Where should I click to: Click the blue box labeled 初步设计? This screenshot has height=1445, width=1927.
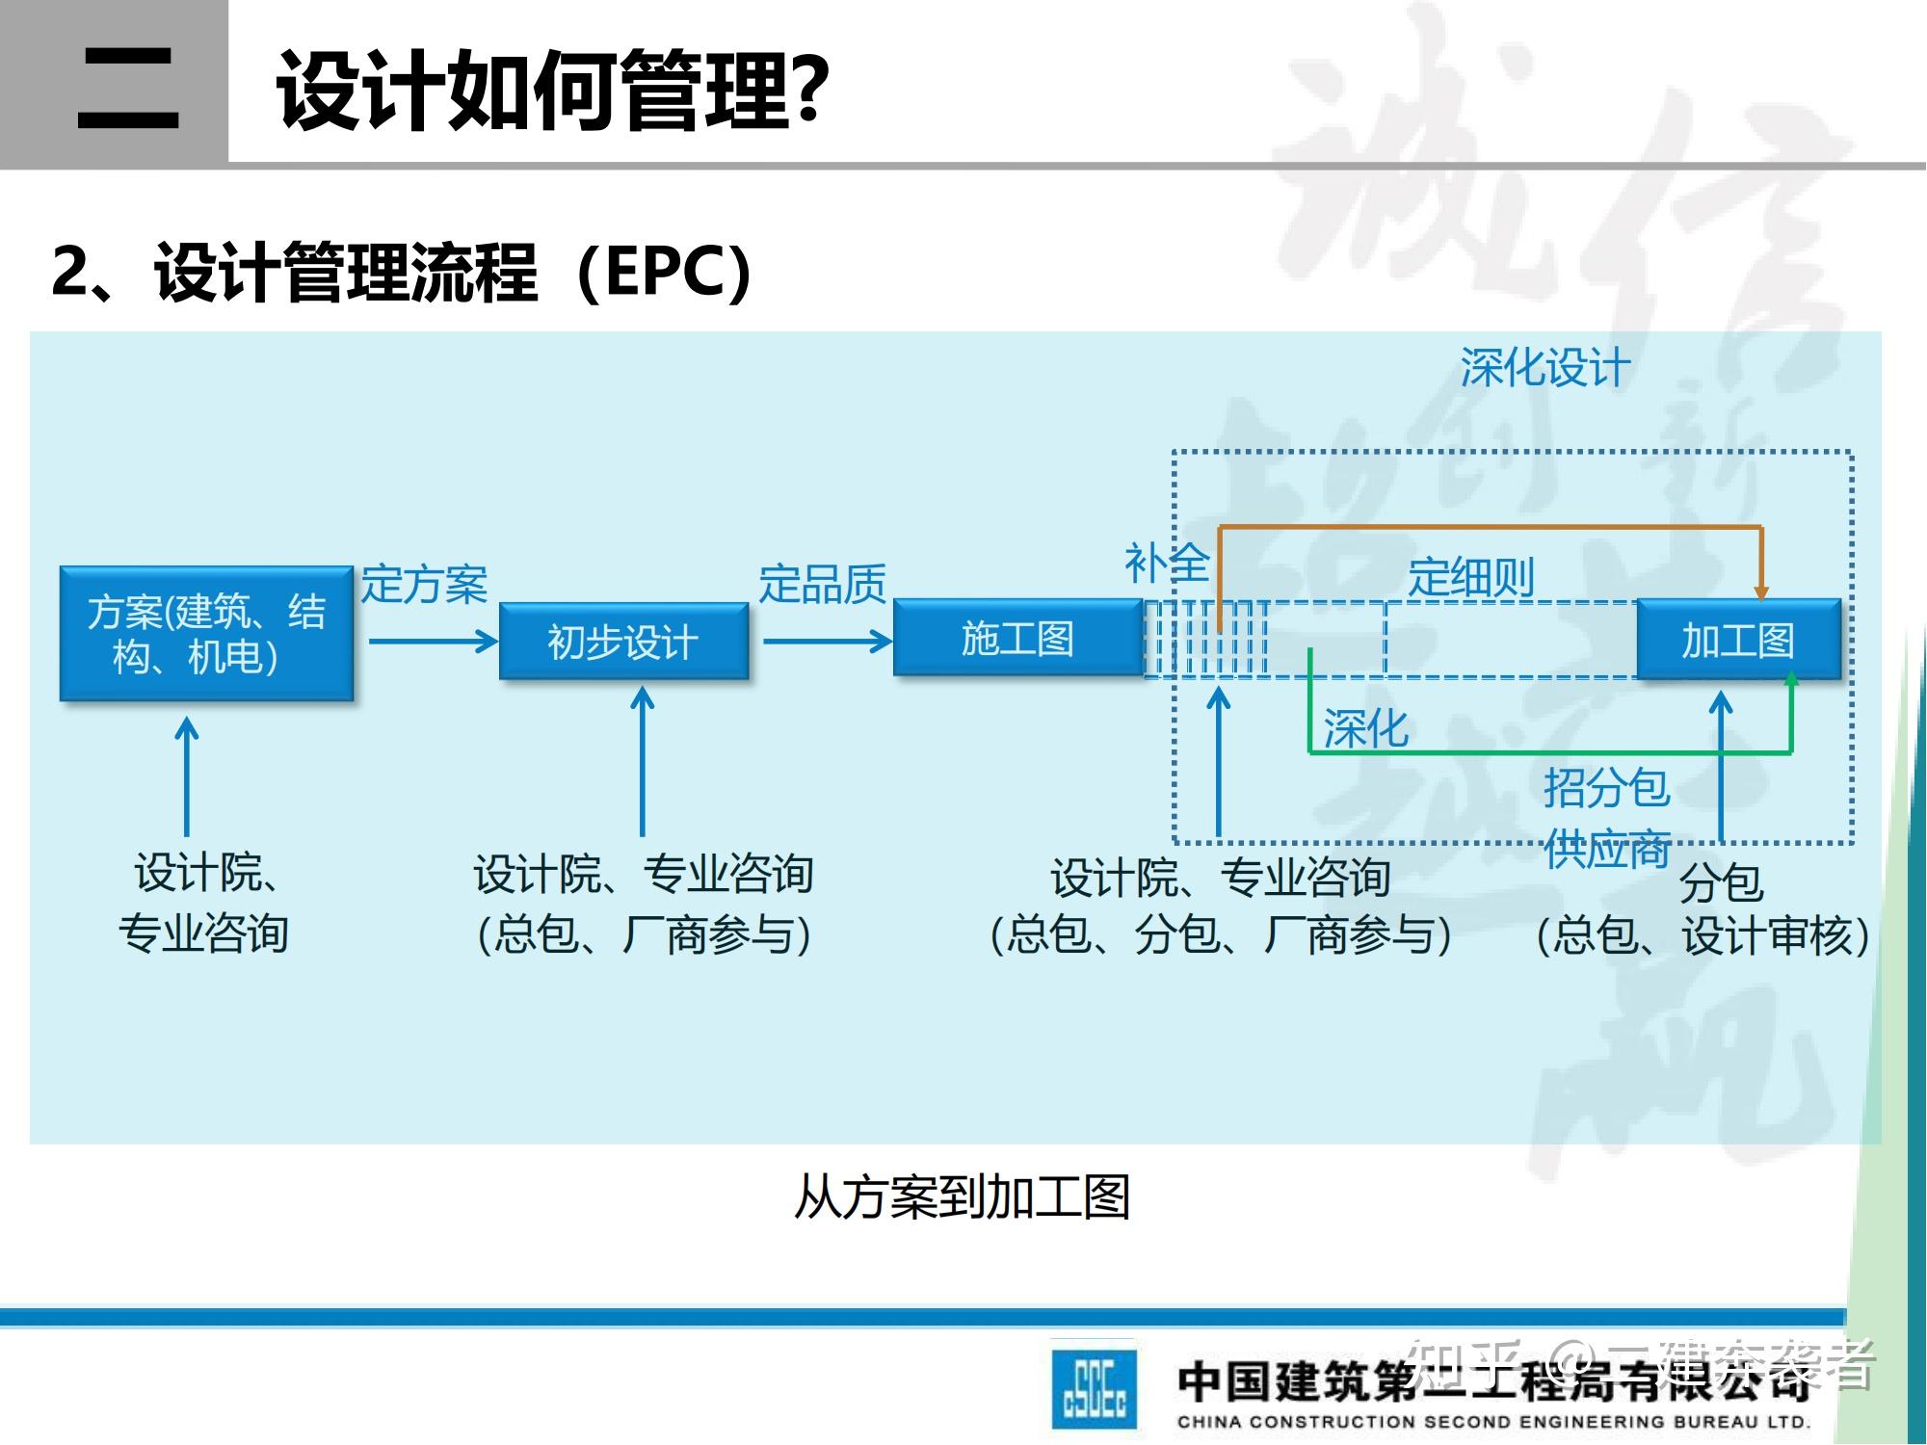(623, 642)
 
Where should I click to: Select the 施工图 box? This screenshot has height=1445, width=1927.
(1017, 638)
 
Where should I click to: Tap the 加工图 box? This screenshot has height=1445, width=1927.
(1738, 640)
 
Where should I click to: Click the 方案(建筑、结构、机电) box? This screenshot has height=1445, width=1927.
(206, 634)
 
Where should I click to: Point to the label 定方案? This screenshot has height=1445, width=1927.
(424, 585)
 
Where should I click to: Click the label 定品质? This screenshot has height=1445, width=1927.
(822, 584)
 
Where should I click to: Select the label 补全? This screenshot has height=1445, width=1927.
(1166, 563)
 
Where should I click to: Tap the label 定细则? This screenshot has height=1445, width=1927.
(1470, 577)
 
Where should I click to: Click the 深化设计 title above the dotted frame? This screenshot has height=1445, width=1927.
(1545, 368)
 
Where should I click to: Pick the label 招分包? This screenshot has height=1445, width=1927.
(1605, 787)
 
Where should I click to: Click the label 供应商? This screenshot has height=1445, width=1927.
(1605, 849)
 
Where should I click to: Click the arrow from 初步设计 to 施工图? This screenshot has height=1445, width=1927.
(827, 642)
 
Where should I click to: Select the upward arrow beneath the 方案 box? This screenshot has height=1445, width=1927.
(187, 775)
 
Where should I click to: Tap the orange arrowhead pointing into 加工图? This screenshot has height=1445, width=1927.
(1760, 591)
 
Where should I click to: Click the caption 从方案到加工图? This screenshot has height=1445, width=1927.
(961, 1197)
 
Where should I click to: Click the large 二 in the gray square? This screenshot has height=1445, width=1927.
(128, 89)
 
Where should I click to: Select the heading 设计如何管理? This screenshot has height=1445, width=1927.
(552, 90)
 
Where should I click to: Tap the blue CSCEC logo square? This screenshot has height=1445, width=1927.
(1094, 1388)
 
